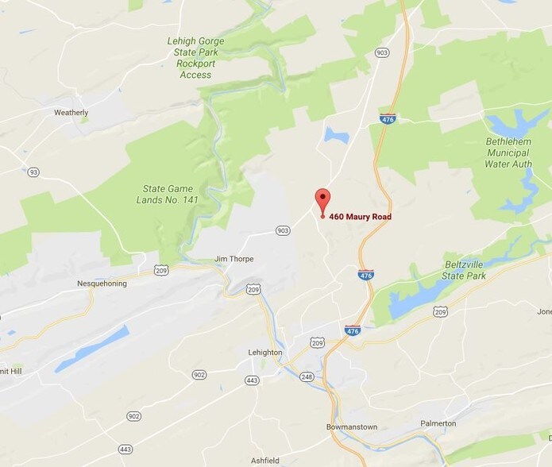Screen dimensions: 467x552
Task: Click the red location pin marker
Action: point(322,199)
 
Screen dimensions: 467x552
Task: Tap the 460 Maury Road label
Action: point(360,217)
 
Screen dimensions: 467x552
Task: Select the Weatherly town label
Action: point(71,113)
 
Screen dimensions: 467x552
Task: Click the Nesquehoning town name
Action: point(102,284)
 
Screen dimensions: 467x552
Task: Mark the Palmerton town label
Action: point(438,423)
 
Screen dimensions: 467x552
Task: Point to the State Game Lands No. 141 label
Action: point(172,194)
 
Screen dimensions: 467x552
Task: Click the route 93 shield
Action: point(33,172)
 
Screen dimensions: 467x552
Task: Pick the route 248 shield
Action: point(307,376)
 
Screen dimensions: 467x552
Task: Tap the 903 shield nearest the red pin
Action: point(283,230)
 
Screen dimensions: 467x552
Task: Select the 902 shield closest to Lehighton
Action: point(199,375)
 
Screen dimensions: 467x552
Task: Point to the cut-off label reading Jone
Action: point(544,311)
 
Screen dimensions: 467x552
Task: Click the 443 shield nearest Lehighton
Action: point(252,380)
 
